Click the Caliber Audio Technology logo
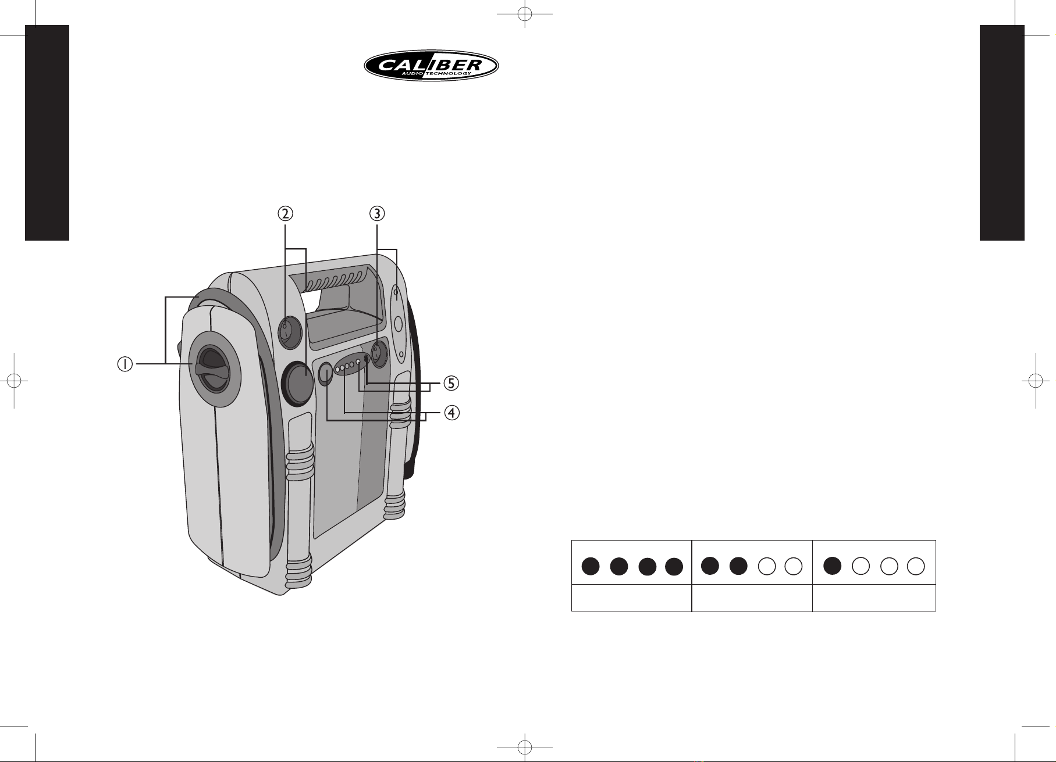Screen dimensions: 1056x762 431,66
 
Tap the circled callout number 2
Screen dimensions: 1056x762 285,214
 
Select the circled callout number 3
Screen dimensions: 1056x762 378,214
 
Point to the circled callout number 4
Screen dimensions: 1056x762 451,413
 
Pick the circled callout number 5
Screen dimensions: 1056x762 451,384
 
